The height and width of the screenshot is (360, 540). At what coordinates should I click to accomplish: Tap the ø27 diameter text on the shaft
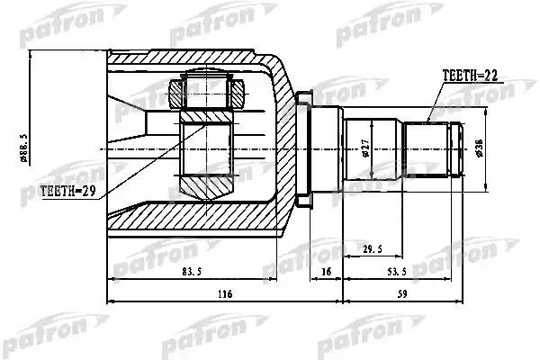pos(365,148)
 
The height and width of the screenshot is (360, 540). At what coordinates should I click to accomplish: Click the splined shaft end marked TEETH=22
pos(433,148)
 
